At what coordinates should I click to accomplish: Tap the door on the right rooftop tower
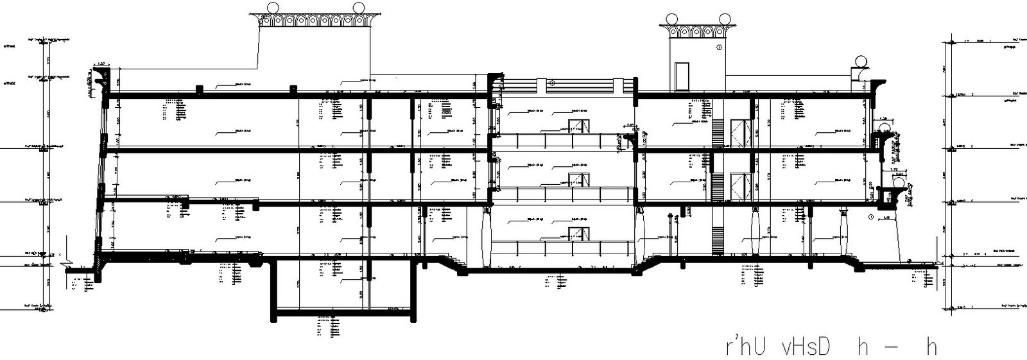click(681, 76)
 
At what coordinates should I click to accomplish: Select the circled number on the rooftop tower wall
click(720, 47)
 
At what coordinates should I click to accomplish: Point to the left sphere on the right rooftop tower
click(673, 19)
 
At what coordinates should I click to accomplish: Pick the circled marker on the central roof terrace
click(551, 83)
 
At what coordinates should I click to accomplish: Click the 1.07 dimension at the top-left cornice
click(101, 64)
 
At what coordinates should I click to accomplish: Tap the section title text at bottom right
click(831, 347)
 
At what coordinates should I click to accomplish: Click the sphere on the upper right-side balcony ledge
click(888, 130)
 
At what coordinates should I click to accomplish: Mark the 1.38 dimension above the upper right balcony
click(884, 119)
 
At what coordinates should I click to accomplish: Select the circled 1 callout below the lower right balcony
click(871, 218)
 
